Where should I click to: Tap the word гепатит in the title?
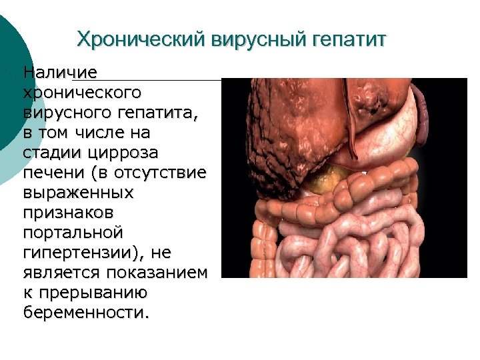tap(347, 39)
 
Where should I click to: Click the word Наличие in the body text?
tap(61, 71)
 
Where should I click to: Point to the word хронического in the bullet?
tap(81, 91)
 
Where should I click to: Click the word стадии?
tap(51, 152)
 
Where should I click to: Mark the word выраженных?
tap(78, 192)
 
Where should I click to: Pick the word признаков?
tap(69, 212)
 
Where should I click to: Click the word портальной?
tap(73, 232)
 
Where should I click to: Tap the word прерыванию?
tap(93, 293)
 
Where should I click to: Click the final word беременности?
tap(87, 313)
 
